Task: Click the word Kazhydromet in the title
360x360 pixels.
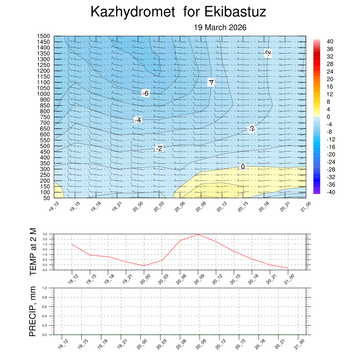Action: (133, 12)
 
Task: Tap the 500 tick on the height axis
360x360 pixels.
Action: (45, 146)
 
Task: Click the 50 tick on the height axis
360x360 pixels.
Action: (46, 198)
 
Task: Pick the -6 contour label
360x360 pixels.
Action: (145, 93)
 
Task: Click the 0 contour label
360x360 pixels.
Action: (243, 166)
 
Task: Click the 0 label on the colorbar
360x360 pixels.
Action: (328, 117)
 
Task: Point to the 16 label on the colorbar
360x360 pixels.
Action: (329, 86)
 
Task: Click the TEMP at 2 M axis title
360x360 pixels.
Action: (33, 251)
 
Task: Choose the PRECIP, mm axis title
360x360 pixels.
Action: (33, 311)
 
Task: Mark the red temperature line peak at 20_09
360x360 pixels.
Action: (198, 234)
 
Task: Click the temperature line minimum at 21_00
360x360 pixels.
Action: (288, 268)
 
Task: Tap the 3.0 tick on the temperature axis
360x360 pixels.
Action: (45, 234)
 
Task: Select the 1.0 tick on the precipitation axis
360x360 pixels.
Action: (45, 288)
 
